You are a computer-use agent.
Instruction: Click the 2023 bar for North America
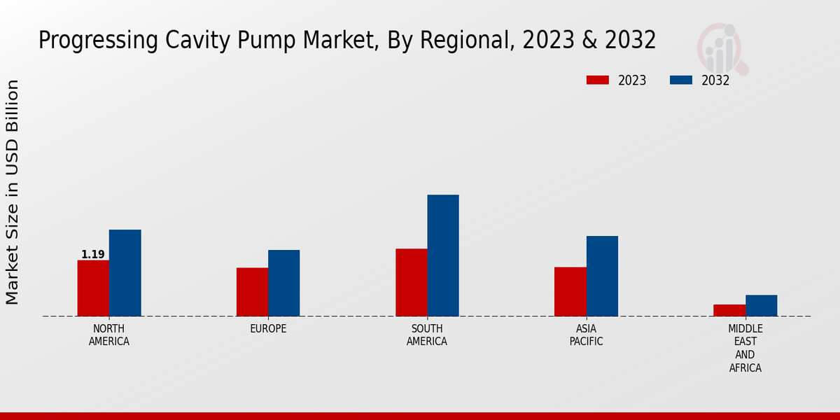point(93,288)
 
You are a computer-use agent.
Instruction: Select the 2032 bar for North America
point(125,273)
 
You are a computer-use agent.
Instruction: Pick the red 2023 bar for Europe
point(252,292)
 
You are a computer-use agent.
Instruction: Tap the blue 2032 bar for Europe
point(283,283)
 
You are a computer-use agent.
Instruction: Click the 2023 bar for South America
point(411,282)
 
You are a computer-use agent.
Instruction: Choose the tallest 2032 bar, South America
point(443,255)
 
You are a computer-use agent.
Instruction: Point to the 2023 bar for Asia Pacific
point(570,291)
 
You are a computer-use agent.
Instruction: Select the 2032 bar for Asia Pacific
point(602,276)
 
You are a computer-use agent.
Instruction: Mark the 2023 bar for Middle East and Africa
point(729,310)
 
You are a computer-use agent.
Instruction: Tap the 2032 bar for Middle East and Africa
point(761,305)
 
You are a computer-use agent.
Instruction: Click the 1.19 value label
point(93,255)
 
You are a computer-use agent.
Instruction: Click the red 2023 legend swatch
point(597,80)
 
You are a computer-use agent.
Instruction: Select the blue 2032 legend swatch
point(680,80)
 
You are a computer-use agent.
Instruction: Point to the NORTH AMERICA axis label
point(109,335)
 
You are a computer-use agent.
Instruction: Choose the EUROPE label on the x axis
point(268,329)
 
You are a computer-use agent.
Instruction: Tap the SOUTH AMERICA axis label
point(427,335)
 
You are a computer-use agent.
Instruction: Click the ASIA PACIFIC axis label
point(587,335)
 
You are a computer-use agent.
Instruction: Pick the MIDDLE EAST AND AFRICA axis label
point(745,349)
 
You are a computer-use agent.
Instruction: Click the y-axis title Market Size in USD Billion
point(13,192)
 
